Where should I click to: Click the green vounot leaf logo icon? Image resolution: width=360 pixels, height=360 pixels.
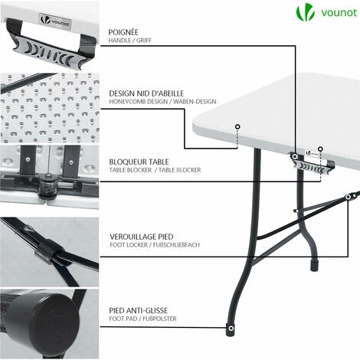coord(305,13)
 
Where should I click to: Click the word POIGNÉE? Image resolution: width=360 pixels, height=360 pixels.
coord(123,32)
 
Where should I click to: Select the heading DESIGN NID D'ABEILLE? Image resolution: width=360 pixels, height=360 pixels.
coord(146,93)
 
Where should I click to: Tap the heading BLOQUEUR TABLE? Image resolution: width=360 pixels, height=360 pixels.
coord(139,162)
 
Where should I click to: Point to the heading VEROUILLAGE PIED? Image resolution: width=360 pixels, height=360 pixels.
coord(142,237)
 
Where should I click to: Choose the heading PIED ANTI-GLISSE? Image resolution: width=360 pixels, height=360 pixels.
coord(139,310)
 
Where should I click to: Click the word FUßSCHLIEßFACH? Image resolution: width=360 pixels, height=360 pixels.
coord(176,245)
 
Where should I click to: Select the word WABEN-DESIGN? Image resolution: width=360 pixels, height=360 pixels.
coord(195,102)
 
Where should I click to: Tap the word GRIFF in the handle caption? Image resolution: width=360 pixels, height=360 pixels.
coord(144,41)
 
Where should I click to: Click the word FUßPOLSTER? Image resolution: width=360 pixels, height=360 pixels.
coord(159,319)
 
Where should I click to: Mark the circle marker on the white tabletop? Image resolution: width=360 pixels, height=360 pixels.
coord(237,126)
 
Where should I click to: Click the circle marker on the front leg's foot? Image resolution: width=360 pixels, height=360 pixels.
coord(231,328)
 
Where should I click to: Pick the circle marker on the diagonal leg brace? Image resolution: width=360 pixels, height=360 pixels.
coord(348,197)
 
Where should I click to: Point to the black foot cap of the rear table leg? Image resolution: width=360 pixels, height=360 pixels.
coord(314,266)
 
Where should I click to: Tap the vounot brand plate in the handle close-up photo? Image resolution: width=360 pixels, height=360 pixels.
coord(55,21)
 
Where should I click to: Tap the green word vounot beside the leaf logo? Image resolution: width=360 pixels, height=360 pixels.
coord(339,12)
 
